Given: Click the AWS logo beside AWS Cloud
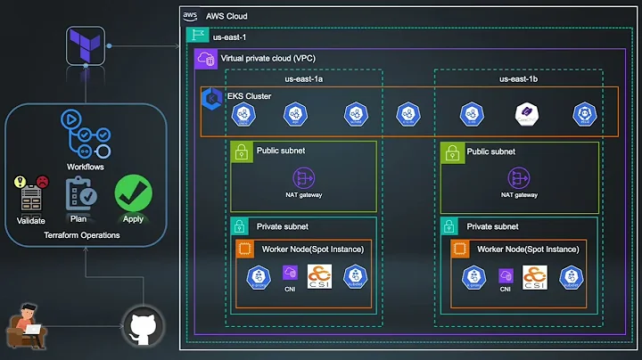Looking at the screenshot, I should pos(190,15).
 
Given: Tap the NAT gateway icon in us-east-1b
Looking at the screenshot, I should pos(518,176).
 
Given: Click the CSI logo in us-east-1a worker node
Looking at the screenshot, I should pos(319,277).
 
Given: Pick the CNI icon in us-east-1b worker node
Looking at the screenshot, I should pos(505,275).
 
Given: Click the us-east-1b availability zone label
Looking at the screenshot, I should pos(518,78).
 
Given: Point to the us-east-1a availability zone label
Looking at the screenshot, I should pos(304,78).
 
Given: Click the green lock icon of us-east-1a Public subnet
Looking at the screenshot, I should pos(241,151).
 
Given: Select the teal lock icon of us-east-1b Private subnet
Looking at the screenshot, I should pos(451,226).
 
